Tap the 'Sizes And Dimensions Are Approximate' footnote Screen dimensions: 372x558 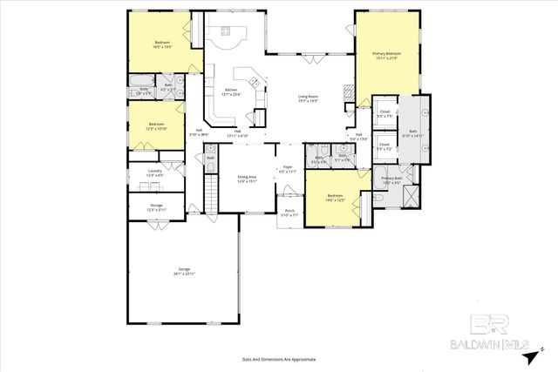[x=278, y=358]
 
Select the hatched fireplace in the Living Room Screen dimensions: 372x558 [x=348, y=90]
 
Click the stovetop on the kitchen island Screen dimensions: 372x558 [x=228, y=34]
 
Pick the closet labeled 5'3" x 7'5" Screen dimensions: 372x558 [x=384, y=114]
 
